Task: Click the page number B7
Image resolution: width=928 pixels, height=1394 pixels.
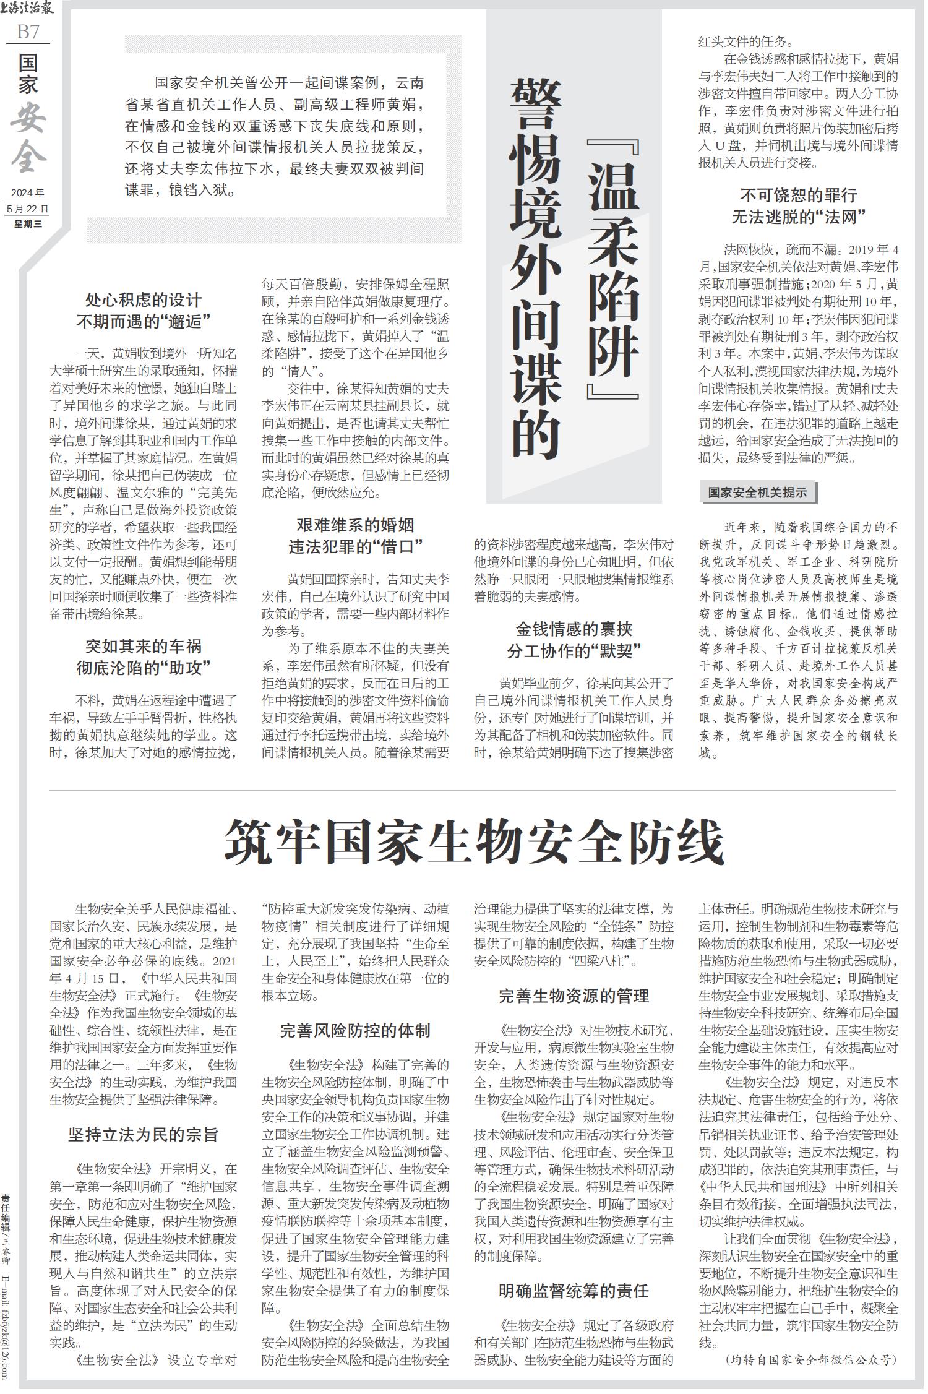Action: [27, 31]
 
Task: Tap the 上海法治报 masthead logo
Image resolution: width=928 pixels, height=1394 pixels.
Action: [28, 9]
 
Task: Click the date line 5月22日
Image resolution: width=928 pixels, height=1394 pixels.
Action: [27, 209]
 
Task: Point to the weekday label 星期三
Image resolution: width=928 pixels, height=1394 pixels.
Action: [28, 224]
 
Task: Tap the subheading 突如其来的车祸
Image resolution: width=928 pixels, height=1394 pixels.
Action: [144, 647]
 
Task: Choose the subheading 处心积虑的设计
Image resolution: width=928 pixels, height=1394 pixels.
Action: [144, 300]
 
